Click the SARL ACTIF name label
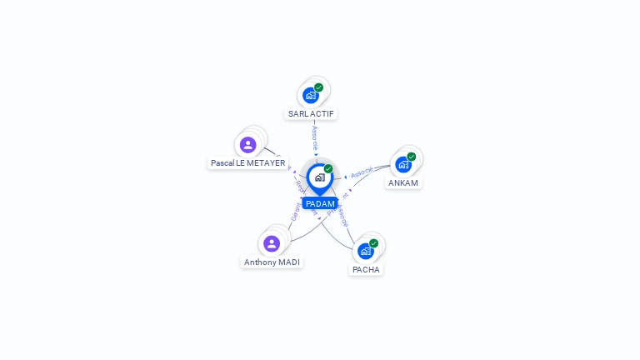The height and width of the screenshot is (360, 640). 312,113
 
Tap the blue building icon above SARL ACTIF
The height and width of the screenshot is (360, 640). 311,95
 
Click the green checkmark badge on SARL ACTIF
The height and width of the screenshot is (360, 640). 318,87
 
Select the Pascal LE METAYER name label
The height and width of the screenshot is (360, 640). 247,163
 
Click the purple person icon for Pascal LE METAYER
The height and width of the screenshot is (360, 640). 247,145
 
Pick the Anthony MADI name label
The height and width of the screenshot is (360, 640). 272,262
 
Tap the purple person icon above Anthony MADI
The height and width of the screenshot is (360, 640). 272,243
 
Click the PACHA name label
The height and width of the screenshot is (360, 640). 366,269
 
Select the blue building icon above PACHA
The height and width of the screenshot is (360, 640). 365,251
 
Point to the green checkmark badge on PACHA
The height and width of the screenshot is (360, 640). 373,243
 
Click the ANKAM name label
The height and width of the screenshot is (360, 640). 403,182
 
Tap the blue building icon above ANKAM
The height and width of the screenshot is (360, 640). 403,164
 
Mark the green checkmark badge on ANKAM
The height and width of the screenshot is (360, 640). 411,157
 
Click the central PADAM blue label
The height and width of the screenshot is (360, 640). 320,203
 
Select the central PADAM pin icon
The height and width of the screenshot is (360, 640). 319,177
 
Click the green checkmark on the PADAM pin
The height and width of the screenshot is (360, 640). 328,168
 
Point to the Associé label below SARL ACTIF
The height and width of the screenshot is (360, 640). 315,137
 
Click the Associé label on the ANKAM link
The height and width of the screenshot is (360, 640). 362,173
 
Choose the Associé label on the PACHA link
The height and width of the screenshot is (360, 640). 342,215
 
